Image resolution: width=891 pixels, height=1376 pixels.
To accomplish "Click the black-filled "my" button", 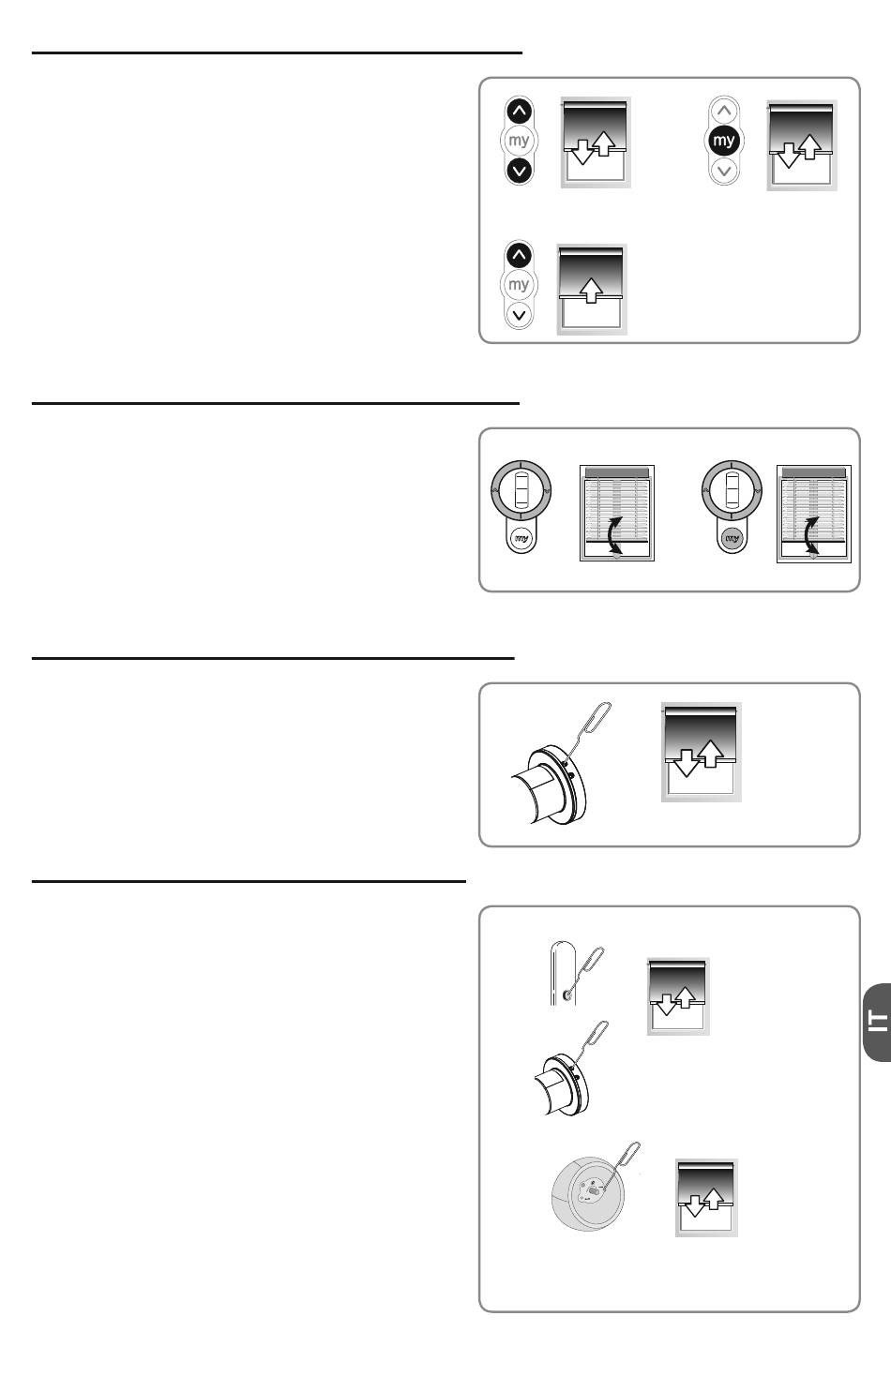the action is (723, 140).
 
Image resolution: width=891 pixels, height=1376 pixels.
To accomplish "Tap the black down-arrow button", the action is (520, 170).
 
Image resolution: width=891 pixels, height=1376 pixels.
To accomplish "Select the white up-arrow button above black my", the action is (724, 112).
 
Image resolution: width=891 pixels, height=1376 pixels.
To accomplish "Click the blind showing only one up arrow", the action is (592, 290).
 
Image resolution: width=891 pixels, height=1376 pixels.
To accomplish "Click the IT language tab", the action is (878, 1023).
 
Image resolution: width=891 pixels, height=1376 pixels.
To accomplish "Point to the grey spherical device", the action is (588, 1193).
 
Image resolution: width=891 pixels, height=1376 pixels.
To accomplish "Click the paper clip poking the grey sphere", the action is (622, 1166).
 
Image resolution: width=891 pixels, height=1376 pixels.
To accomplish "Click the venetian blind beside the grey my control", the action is (814, 514).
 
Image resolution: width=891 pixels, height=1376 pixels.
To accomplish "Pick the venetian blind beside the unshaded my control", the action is (617, 513).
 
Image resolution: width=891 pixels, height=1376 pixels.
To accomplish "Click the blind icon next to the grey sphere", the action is (706, 1198).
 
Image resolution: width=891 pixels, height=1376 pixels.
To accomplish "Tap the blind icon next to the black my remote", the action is (802, 145).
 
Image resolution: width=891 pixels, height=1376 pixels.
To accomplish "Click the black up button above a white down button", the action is (520, 256).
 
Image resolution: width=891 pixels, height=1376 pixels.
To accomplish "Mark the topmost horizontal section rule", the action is (277, 52).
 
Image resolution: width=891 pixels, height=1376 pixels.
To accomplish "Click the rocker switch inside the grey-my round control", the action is (732, 489).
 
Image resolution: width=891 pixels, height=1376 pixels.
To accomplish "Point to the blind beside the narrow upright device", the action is (678, 996).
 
